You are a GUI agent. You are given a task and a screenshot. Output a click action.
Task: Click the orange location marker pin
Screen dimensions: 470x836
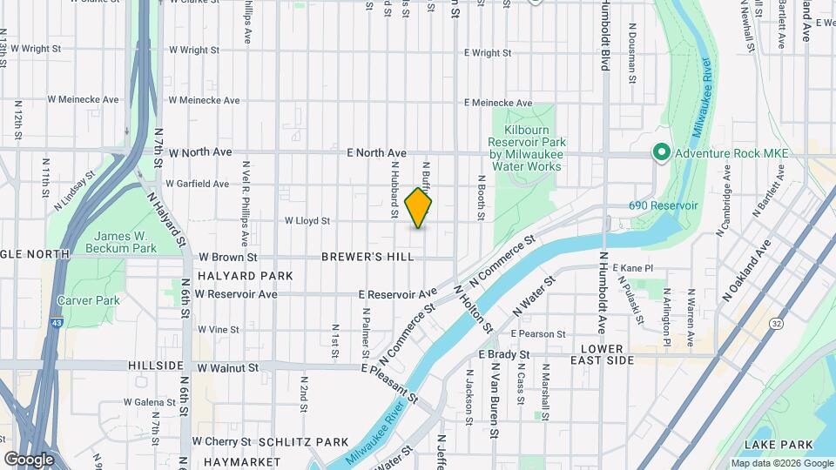click(x=419, y=209)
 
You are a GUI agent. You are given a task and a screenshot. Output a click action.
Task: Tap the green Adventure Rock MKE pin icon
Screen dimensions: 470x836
click(x=661, y=153)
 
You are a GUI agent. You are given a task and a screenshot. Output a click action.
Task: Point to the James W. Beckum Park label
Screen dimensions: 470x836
click(x=125, y=242)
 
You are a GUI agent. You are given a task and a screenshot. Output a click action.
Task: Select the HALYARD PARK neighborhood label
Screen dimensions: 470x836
click(x=233, y=275)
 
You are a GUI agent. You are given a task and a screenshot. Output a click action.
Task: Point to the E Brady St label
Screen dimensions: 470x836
click(x=504, y=354)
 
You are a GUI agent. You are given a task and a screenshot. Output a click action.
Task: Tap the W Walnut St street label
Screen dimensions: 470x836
click(x=227, y=368)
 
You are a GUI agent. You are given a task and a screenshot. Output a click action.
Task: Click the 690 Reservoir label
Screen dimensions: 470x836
click(x=664, y=205)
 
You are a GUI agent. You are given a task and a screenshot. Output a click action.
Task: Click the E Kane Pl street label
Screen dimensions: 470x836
click(x=632, y=268)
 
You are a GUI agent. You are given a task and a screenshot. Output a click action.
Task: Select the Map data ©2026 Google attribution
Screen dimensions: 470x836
click(x=781, y=463)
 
